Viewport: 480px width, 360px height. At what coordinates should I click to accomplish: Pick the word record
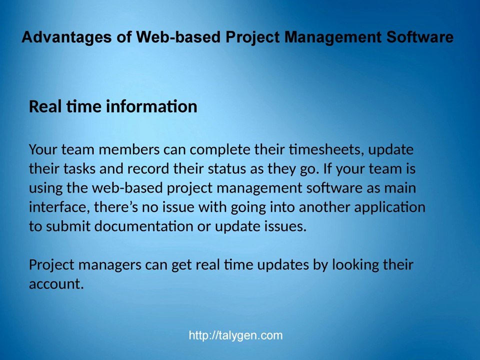pos(148,168)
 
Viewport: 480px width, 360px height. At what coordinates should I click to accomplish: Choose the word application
pos(389,207)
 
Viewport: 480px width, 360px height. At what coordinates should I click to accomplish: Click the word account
pos(55,284)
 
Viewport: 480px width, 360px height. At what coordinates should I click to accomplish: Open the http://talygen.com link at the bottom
pos(235,335)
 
